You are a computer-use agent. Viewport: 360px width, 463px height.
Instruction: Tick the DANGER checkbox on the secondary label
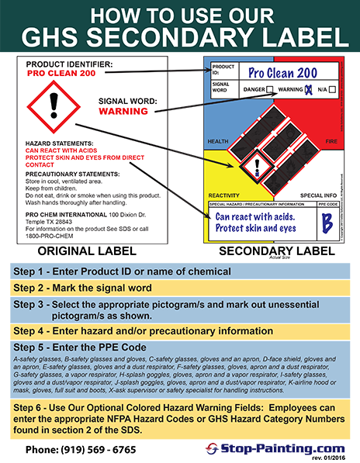pos(269,89)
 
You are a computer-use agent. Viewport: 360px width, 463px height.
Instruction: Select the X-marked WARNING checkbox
pos(310,89)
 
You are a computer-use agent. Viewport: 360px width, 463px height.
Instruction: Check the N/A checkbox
pos(332,89)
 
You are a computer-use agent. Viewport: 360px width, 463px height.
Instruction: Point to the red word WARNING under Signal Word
pos(129,111)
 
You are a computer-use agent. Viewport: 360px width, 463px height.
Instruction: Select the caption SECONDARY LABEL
pos(271,251)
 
